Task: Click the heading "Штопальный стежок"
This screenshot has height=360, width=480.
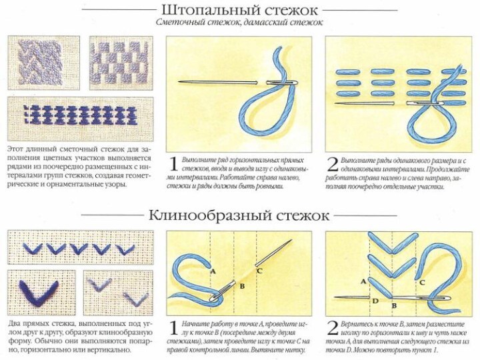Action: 239,10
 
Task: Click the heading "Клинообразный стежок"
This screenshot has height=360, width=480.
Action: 239,215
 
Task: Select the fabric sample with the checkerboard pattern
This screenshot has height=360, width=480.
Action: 121,63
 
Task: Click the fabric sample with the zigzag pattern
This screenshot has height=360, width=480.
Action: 44,63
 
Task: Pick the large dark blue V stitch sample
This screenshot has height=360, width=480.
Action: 39,291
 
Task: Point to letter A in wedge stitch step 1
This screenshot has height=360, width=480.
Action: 213,271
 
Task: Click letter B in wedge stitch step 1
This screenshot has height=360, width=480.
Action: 242,286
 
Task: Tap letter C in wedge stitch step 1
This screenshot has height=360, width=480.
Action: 259,271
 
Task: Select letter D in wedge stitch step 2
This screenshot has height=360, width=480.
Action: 375,301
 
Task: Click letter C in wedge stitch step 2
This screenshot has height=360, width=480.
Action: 422,282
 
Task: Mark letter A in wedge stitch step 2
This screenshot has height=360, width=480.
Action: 364,281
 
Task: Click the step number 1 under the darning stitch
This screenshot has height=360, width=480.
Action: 173,164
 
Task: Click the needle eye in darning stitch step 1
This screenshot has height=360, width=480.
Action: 282,82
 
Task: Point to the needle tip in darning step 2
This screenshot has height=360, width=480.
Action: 337,103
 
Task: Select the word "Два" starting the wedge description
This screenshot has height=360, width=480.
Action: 14,324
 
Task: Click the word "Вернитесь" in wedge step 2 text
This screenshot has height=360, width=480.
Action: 356,324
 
